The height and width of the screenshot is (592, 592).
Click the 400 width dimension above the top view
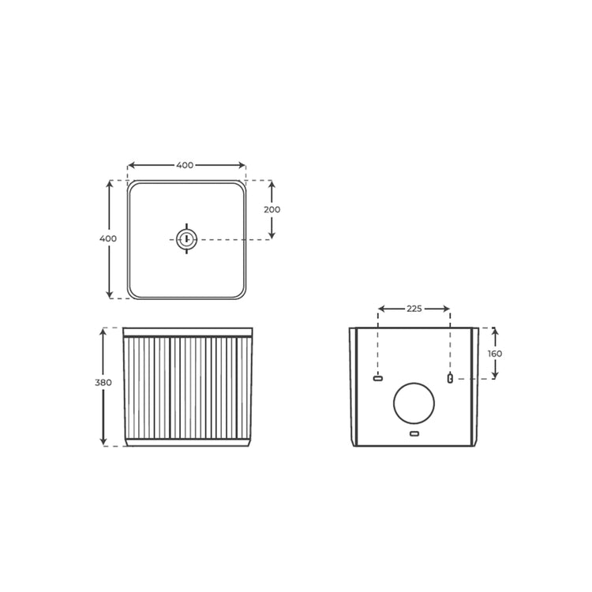(185, 165)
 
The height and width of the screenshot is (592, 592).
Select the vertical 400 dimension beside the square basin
(109, 238)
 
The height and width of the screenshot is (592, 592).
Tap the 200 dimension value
(272, 210)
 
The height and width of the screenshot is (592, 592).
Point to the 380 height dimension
(103, 383)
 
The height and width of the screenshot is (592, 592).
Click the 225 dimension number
(414, 309)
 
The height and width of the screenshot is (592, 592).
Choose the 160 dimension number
(495, 354)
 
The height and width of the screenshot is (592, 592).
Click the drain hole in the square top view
(186, 238)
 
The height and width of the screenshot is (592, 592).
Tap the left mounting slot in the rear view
(378, 379)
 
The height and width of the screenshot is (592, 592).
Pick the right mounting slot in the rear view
(450, 379)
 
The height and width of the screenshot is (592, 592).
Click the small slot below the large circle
(414, 434)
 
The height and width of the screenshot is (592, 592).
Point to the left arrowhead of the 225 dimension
(382, 309)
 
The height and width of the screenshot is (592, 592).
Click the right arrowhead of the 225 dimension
(447, 309)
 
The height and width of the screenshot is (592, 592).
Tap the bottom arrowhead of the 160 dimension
(495, 375)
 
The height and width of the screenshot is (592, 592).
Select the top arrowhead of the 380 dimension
(103, 332)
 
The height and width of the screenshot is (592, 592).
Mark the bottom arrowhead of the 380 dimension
(103, 442)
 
